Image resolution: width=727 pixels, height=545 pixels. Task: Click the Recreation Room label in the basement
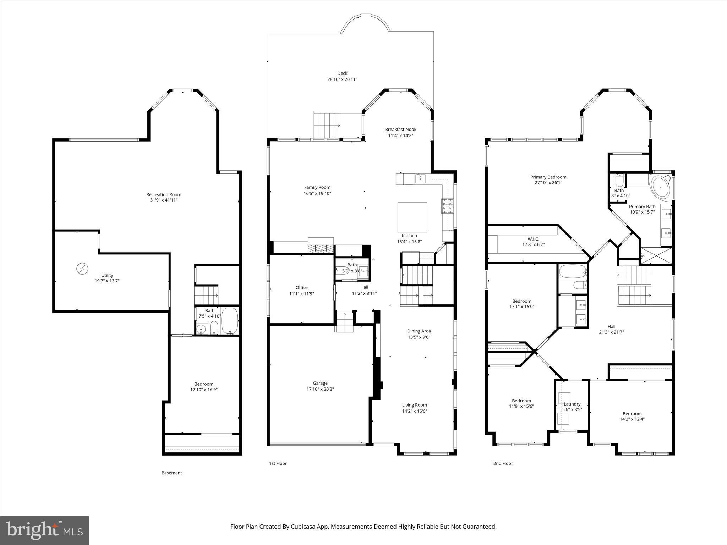tap(164, 194)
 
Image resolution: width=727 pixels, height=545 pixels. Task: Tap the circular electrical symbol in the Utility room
tap(82, 269)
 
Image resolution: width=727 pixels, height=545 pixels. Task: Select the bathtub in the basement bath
tap(230, 320)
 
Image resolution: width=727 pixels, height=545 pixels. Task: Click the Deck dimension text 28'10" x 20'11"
tap(342, 79)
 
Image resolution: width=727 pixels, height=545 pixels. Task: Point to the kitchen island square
tap(412, 217)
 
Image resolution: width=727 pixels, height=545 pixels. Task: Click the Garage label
tap(320, 383)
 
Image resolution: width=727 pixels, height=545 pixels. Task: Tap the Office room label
tap(301, 288)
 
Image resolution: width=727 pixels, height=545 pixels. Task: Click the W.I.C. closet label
tap(533, 239)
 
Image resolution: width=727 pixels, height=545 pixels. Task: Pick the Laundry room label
tap(572, 404)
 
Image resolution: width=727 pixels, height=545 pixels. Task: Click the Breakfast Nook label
tap(400, 130)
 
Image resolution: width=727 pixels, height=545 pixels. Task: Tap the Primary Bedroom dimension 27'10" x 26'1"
tap(548, 183)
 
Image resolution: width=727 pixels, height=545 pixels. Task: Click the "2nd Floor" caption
tap(503, 463)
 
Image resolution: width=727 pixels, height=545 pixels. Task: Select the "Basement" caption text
tap(171, 473)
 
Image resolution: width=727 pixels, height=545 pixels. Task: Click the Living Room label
tap(414, 405)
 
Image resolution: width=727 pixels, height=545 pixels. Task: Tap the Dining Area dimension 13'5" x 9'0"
tap(419, 337)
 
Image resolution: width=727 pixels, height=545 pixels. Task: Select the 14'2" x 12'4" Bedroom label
tap(632, 419)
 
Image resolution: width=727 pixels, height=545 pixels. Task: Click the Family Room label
tap(317, 187)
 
